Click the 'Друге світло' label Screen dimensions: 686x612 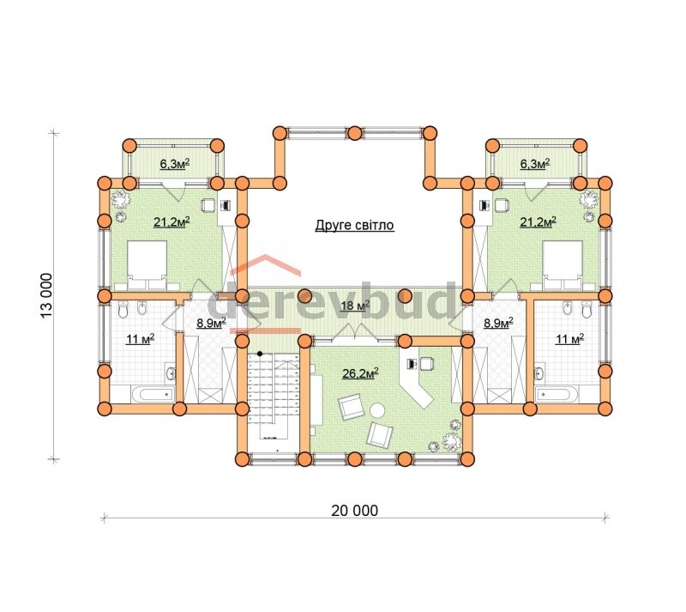point(354,225)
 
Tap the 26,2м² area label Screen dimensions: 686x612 point(360,373)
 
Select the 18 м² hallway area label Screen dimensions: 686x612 point(355,306)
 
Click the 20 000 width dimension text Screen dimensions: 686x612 point(354,511)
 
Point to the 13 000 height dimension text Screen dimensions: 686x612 point(46,296)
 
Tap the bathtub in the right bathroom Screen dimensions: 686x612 point(557,395)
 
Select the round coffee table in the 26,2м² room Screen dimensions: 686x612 point(377,411)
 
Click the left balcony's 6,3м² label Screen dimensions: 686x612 point(175,164)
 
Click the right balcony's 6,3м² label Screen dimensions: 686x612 point(534,164)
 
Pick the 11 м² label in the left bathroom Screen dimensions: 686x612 point(140,339)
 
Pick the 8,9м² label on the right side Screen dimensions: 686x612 point(498,324)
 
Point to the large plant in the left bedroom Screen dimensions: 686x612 point(120,200)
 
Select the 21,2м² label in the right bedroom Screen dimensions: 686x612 point(538,222)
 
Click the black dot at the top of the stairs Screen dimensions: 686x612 point(260,353)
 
